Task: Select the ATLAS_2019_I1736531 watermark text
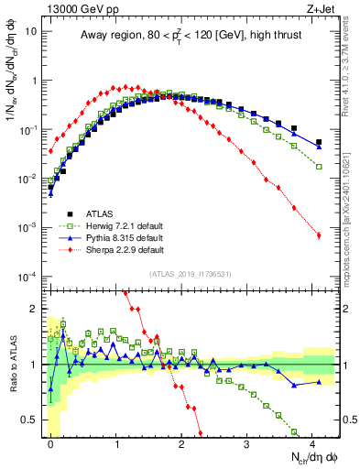[191, 274]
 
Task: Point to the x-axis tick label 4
[312, 443]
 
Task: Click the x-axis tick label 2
[181, 443]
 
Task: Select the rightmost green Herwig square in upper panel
[319, 166]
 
